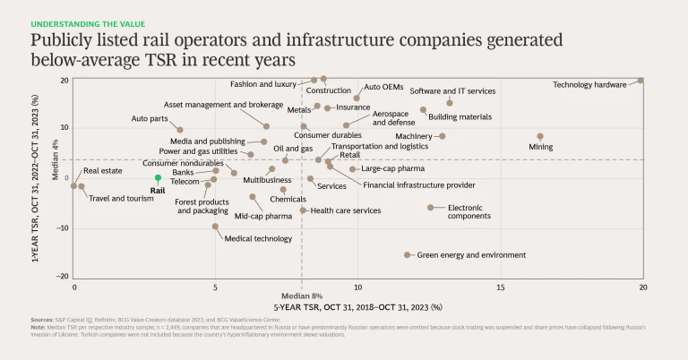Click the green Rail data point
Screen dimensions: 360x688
[x=158, y=178]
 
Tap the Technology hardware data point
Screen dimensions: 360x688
[x=641, y=81]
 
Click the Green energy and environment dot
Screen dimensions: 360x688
[x=408, y=254]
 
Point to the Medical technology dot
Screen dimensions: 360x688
[x=215, y=227]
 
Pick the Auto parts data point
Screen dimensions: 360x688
[x=180, y=130]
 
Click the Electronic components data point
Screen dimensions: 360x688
[x=430, y=207]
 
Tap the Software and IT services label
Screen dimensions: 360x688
[x=452, y=91]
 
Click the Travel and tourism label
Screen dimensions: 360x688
[x=121, y=198]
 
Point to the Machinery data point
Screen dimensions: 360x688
[x=443, y=136]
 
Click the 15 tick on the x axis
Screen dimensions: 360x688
[x=500, y=287]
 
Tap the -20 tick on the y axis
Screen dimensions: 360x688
[x=64, y=277]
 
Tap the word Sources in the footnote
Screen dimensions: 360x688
[x=41, y=320]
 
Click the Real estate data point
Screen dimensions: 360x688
[x=74, y=186]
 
